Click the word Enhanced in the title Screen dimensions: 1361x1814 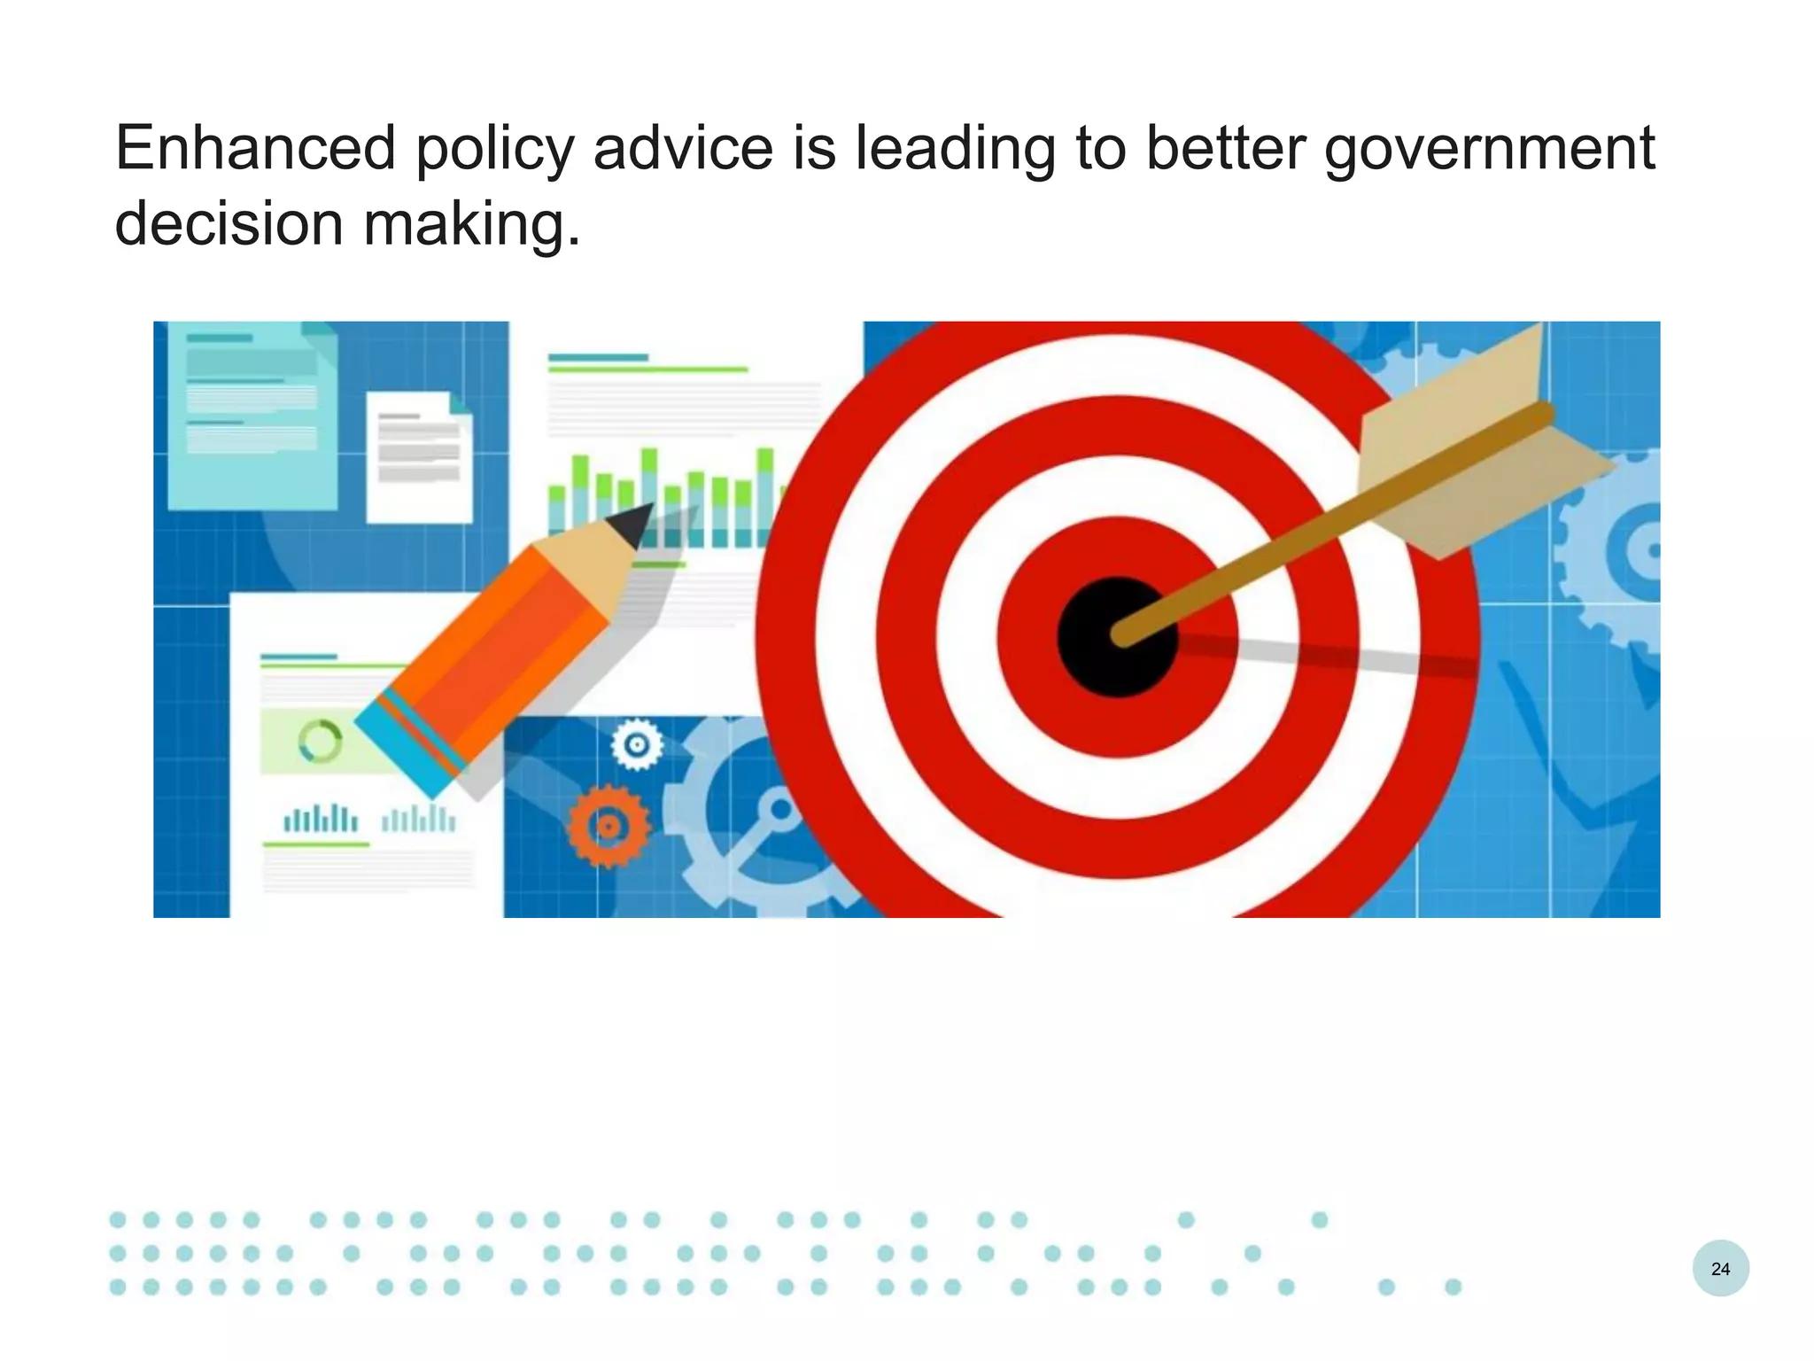click(255, 148)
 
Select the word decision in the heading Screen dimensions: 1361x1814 click(229, 223)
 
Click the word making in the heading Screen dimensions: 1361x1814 click(471, 225)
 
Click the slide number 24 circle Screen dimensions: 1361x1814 click(1720, 1269)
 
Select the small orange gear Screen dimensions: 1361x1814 click(609, 826)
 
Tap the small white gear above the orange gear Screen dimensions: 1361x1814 click(637, 745)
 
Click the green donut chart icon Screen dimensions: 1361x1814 click(320, 741)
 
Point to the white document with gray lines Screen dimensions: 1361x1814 click(419, 456)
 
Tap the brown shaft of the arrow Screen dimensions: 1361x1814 click(1284, 549)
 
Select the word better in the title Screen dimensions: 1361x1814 click(1225, 148)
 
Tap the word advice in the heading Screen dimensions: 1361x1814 click(683, 148)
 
